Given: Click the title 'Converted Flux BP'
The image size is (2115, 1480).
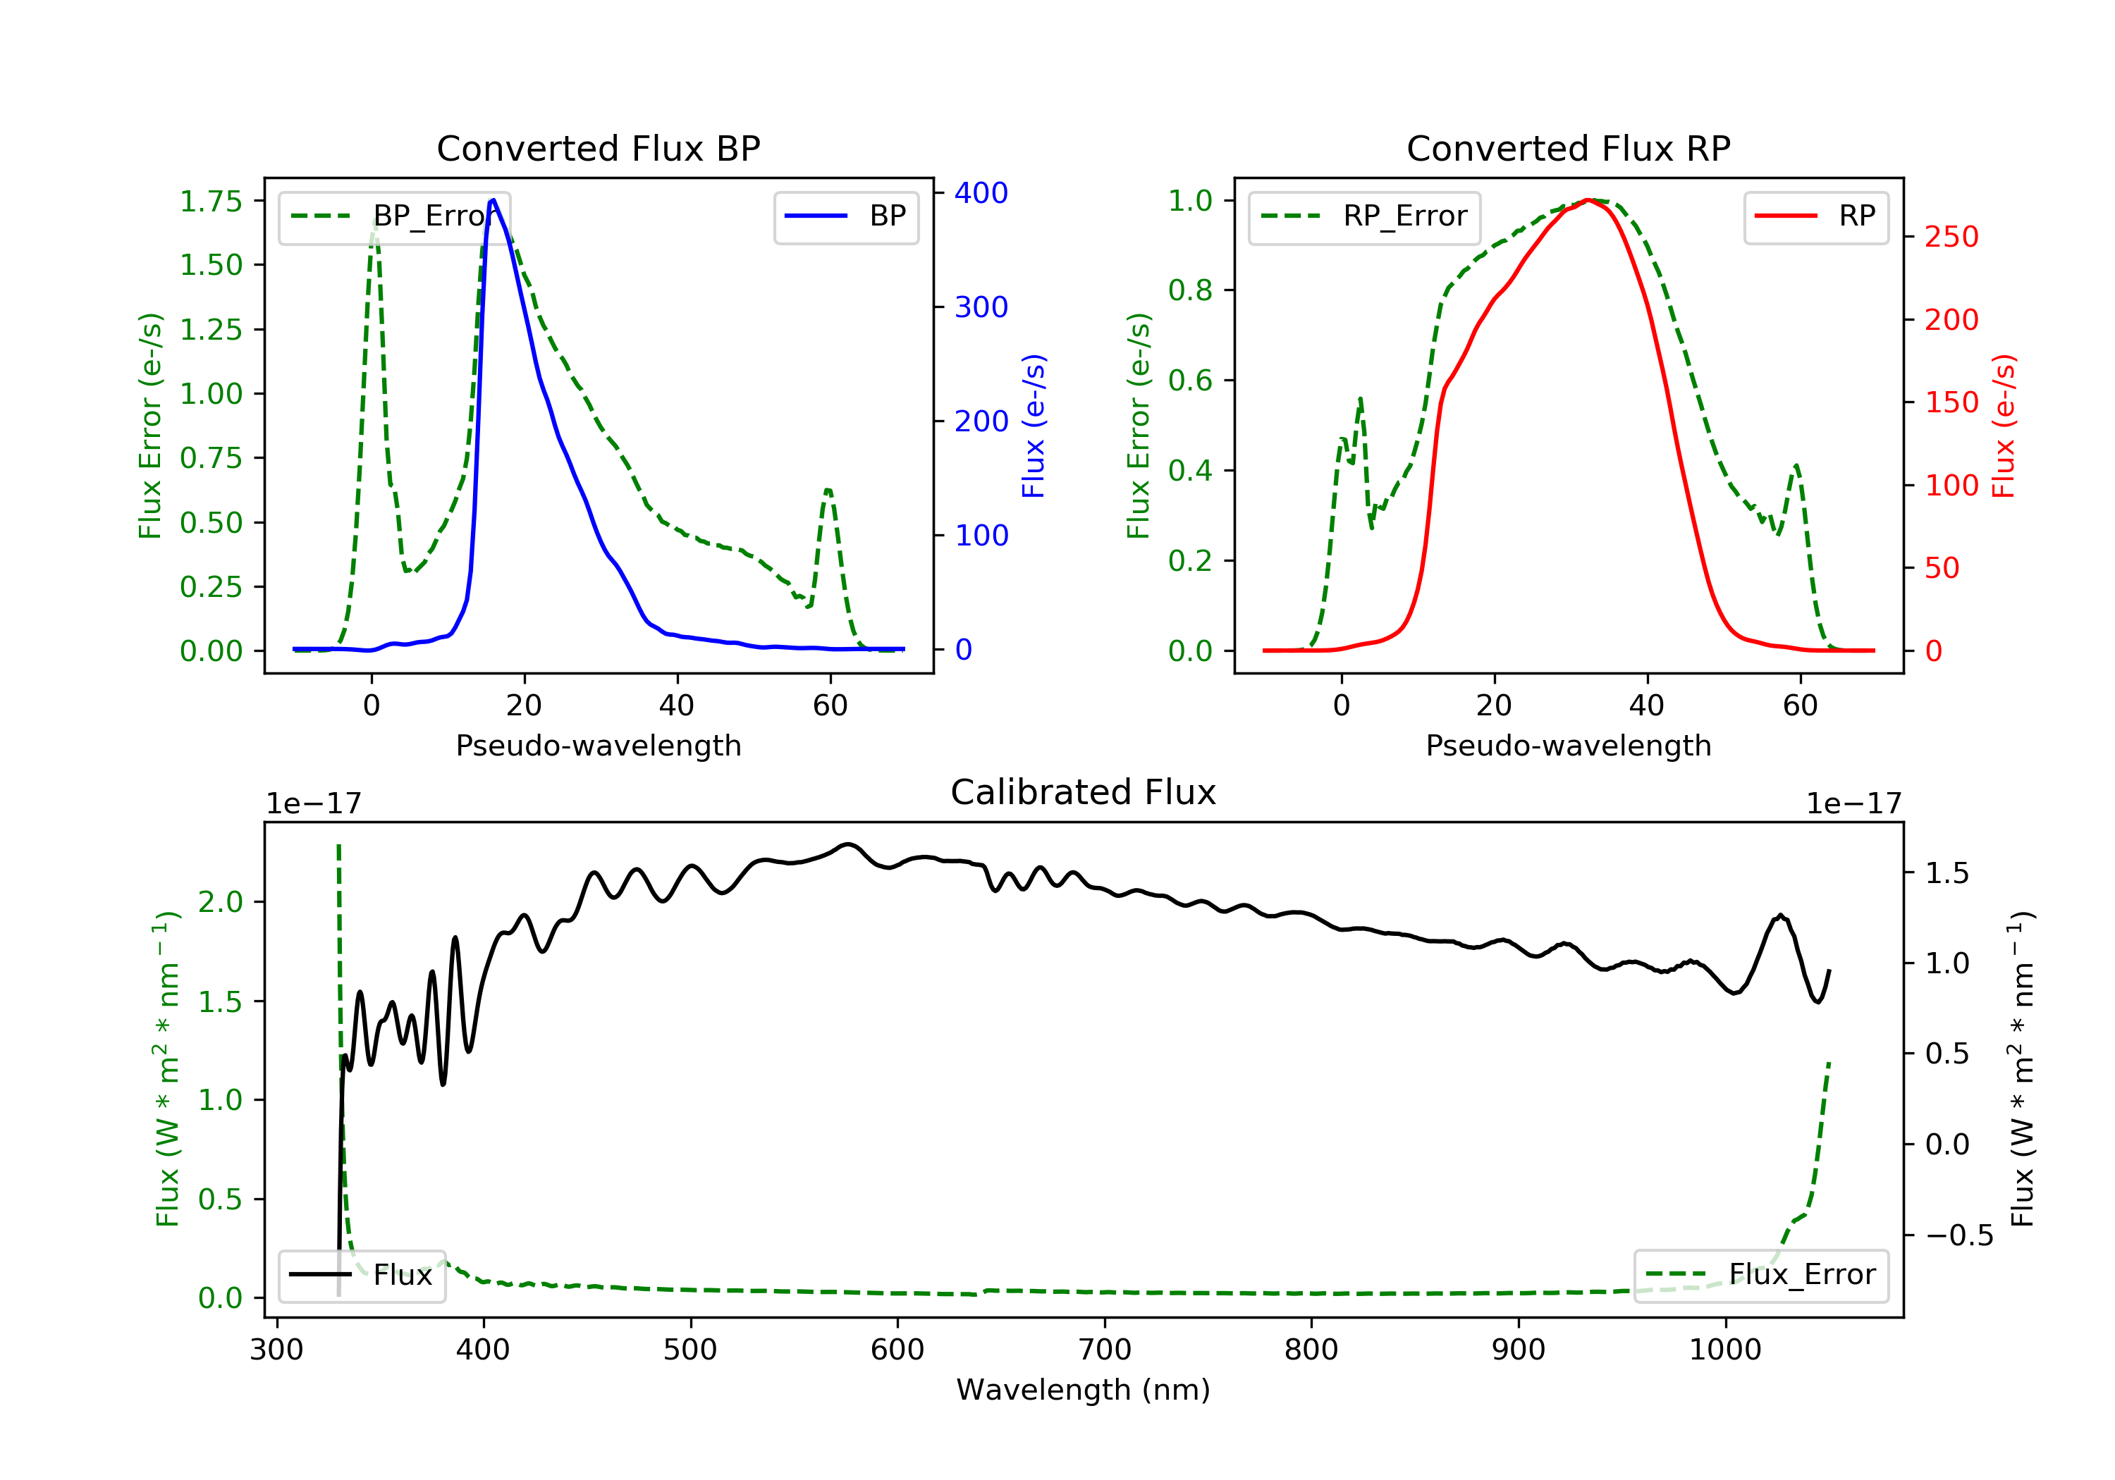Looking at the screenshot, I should click(598, 148).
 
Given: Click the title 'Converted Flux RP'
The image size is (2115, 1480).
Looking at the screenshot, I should click(1568, 148).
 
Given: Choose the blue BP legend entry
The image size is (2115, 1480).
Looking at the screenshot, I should click(845, 216).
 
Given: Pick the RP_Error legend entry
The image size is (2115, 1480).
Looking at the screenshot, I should click(1364, 216).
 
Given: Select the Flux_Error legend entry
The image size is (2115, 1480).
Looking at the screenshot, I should click(1760, 1275).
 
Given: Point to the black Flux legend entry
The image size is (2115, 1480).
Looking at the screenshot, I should click(362, 1275).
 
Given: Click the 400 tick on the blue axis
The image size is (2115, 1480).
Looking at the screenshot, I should click(981, 192).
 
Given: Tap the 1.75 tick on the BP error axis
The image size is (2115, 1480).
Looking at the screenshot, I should click(210, 201).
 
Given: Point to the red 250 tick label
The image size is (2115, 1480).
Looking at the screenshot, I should click(1951, 237).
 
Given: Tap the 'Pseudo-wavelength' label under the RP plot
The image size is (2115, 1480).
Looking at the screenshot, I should click(1568, 745).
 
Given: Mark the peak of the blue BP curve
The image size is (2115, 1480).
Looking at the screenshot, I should click(493, 200).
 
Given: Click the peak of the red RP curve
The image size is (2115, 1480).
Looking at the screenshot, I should click(1589, 200).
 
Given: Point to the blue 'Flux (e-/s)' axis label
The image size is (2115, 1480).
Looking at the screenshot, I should click(1034, 426).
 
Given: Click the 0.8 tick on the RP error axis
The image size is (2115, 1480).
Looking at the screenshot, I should click(1189, 290).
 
